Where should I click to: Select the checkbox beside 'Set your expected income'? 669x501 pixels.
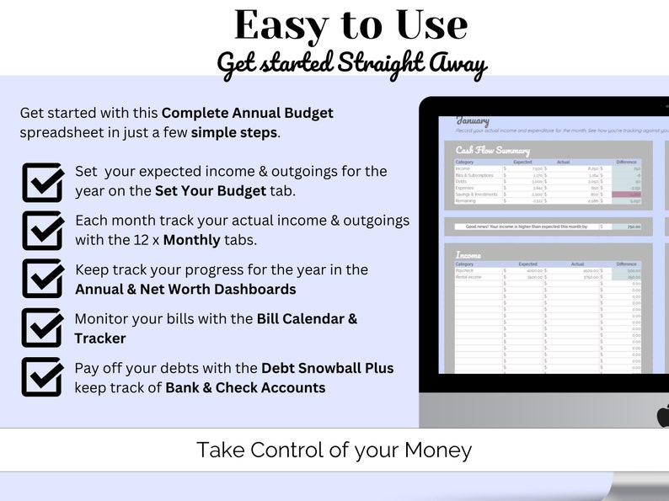pyautogui.click(x=42, y=181)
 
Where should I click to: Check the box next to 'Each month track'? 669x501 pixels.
pyautogui.click(x=42, y=230)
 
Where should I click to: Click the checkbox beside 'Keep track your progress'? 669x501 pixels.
pyautogui.click(x=42, y=279)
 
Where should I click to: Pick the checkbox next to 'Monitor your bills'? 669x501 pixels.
pyautogui.click(x=42, y=328)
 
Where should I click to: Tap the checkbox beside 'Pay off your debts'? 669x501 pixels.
pyautogui.click(x=42, y=376)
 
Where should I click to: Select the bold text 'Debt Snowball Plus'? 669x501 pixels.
pyautogui.click(x=327, y=368)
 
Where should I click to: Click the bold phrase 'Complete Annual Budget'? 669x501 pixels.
pyautogui.click(x=247, y=113)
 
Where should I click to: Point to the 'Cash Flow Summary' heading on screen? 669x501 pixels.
pyautogui.click(x=493, y=152)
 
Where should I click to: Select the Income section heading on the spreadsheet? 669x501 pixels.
pyautogui.click(x=468, y=255)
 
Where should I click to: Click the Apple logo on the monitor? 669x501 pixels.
pyautogui.click(x=662, y=416)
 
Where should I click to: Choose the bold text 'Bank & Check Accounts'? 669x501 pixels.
pyautogui.click(x=245, y=388)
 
